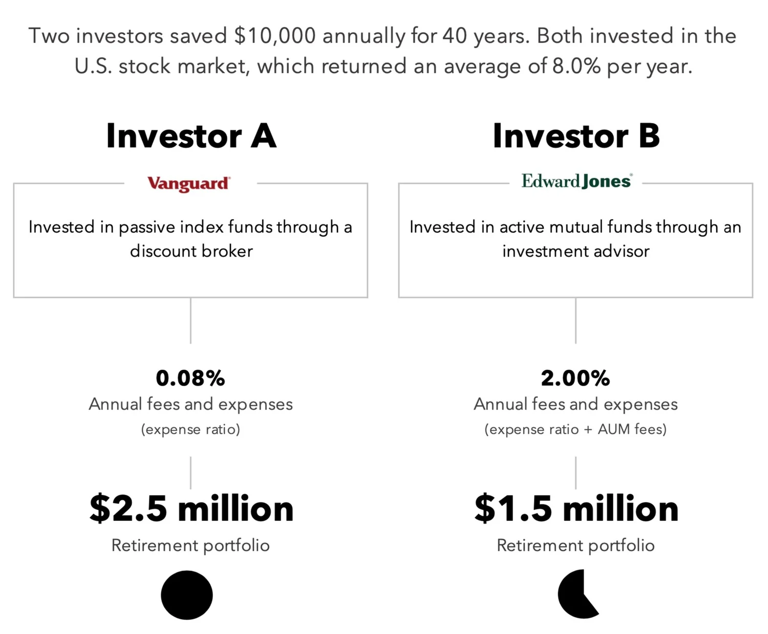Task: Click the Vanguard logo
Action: pyautogui.click(x=189, y=184)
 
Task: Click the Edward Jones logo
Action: pyautogui.click(x=577, y=181)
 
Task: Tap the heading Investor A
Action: pyautogui.click(x=191, y=136)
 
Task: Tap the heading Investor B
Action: pyautogui.click(x=576, y=136)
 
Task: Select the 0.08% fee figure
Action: pyautogui.click(x=190, y=378)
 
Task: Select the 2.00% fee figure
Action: pyautogui.click(x=575, y=378)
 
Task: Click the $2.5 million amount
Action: pyautogui.click(x=191, y=509)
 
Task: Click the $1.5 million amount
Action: pyautogui.click(x=577, y=509)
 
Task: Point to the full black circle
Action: pyautogui.click(x=187, y=595)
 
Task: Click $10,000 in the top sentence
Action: pyautogui.click(x=275, y=36)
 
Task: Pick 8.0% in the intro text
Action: pyautogui.click(x=577, y=67)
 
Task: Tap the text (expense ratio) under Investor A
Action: pyautogui.click(x=190, y=429)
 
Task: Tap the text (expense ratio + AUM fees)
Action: pyautogui.click(x=575, y=429)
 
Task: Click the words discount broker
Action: pyautogui.click(x=191, y=251)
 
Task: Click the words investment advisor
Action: pyautogui.click(x=575, y=251)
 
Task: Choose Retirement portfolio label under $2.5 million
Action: pyautogui.click(x=190, y=545)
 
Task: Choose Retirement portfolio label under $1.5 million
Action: pyautogui.click(x=575, y=545)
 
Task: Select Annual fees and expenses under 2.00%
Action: pyautogui.click(x=575, y=405)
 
